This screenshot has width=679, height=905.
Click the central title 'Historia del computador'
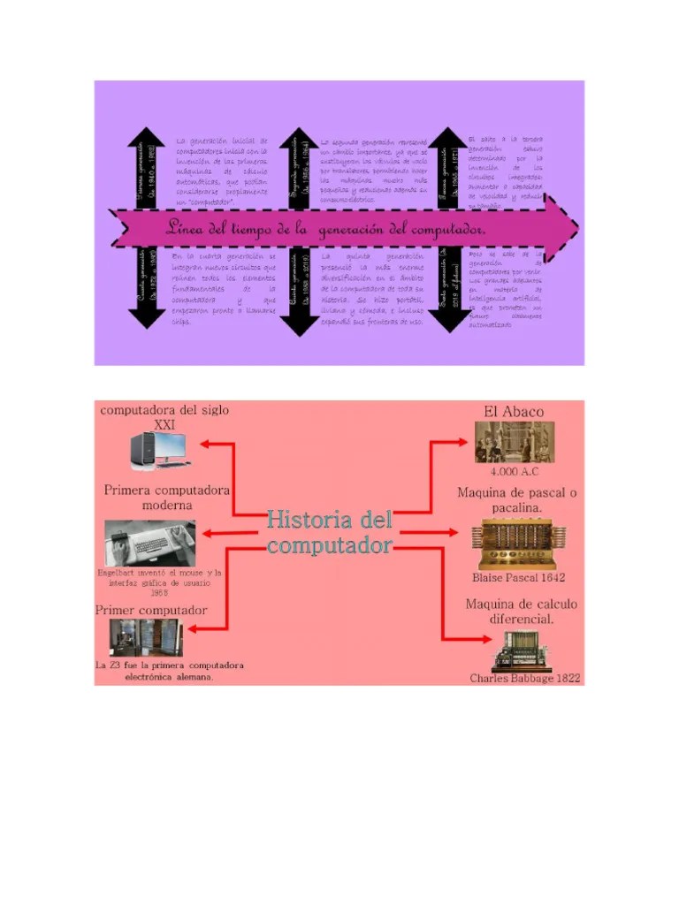(x=329, y=532)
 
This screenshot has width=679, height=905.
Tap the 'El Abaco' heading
(x=514, y=412)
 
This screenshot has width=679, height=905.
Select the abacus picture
(x=514, y=442)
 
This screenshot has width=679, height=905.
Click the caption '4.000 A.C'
(x=514, y=471)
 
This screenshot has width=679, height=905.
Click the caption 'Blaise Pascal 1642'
(x=518, y=577)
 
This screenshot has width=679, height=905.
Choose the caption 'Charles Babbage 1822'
(x=524, y=678)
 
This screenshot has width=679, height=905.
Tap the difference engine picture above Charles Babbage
(x=523, y=652)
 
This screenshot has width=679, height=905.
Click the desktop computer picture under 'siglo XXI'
(x=158, y=450)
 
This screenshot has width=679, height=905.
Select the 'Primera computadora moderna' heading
(x=167, y=497)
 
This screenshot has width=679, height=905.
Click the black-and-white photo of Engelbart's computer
(x=149, y=543)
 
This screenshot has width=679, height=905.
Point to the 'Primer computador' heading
(x=151, y=610)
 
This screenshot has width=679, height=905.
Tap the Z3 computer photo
(x=146, y=636)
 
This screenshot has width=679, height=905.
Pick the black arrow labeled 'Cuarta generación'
(x=146, y=287)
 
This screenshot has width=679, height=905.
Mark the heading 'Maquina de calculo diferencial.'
(x=522, y=611)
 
